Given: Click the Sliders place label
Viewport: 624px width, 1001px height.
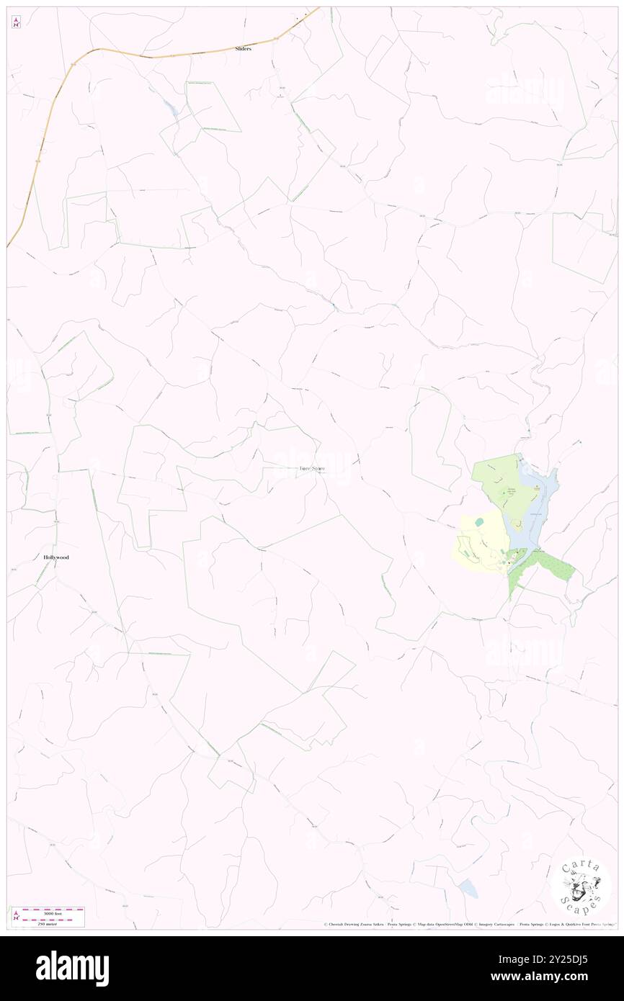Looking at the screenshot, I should (243, 49).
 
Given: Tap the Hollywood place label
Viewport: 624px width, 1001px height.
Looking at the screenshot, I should (56, 557).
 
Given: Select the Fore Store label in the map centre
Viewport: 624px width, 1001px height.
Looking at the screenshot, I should (312, 469).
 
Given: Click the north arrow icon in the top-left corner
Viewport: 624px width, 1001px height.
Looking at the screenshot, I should (16, 23).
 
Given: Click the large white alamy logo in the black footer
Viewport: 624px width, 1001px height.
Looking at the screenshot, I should (72, 968).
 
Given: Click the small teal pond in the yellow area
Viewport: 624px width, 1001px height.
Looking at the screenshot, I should (478, 521).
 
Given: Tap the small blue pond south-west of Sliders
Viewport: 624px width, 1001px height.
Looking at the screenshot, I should (171, 109).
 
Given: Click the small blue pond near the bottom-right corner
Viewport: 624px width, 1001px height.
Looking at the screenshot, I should (468, 888).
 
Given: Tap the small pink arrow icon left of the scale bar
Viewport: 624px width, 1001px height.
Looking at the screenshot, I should (16, 916).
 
